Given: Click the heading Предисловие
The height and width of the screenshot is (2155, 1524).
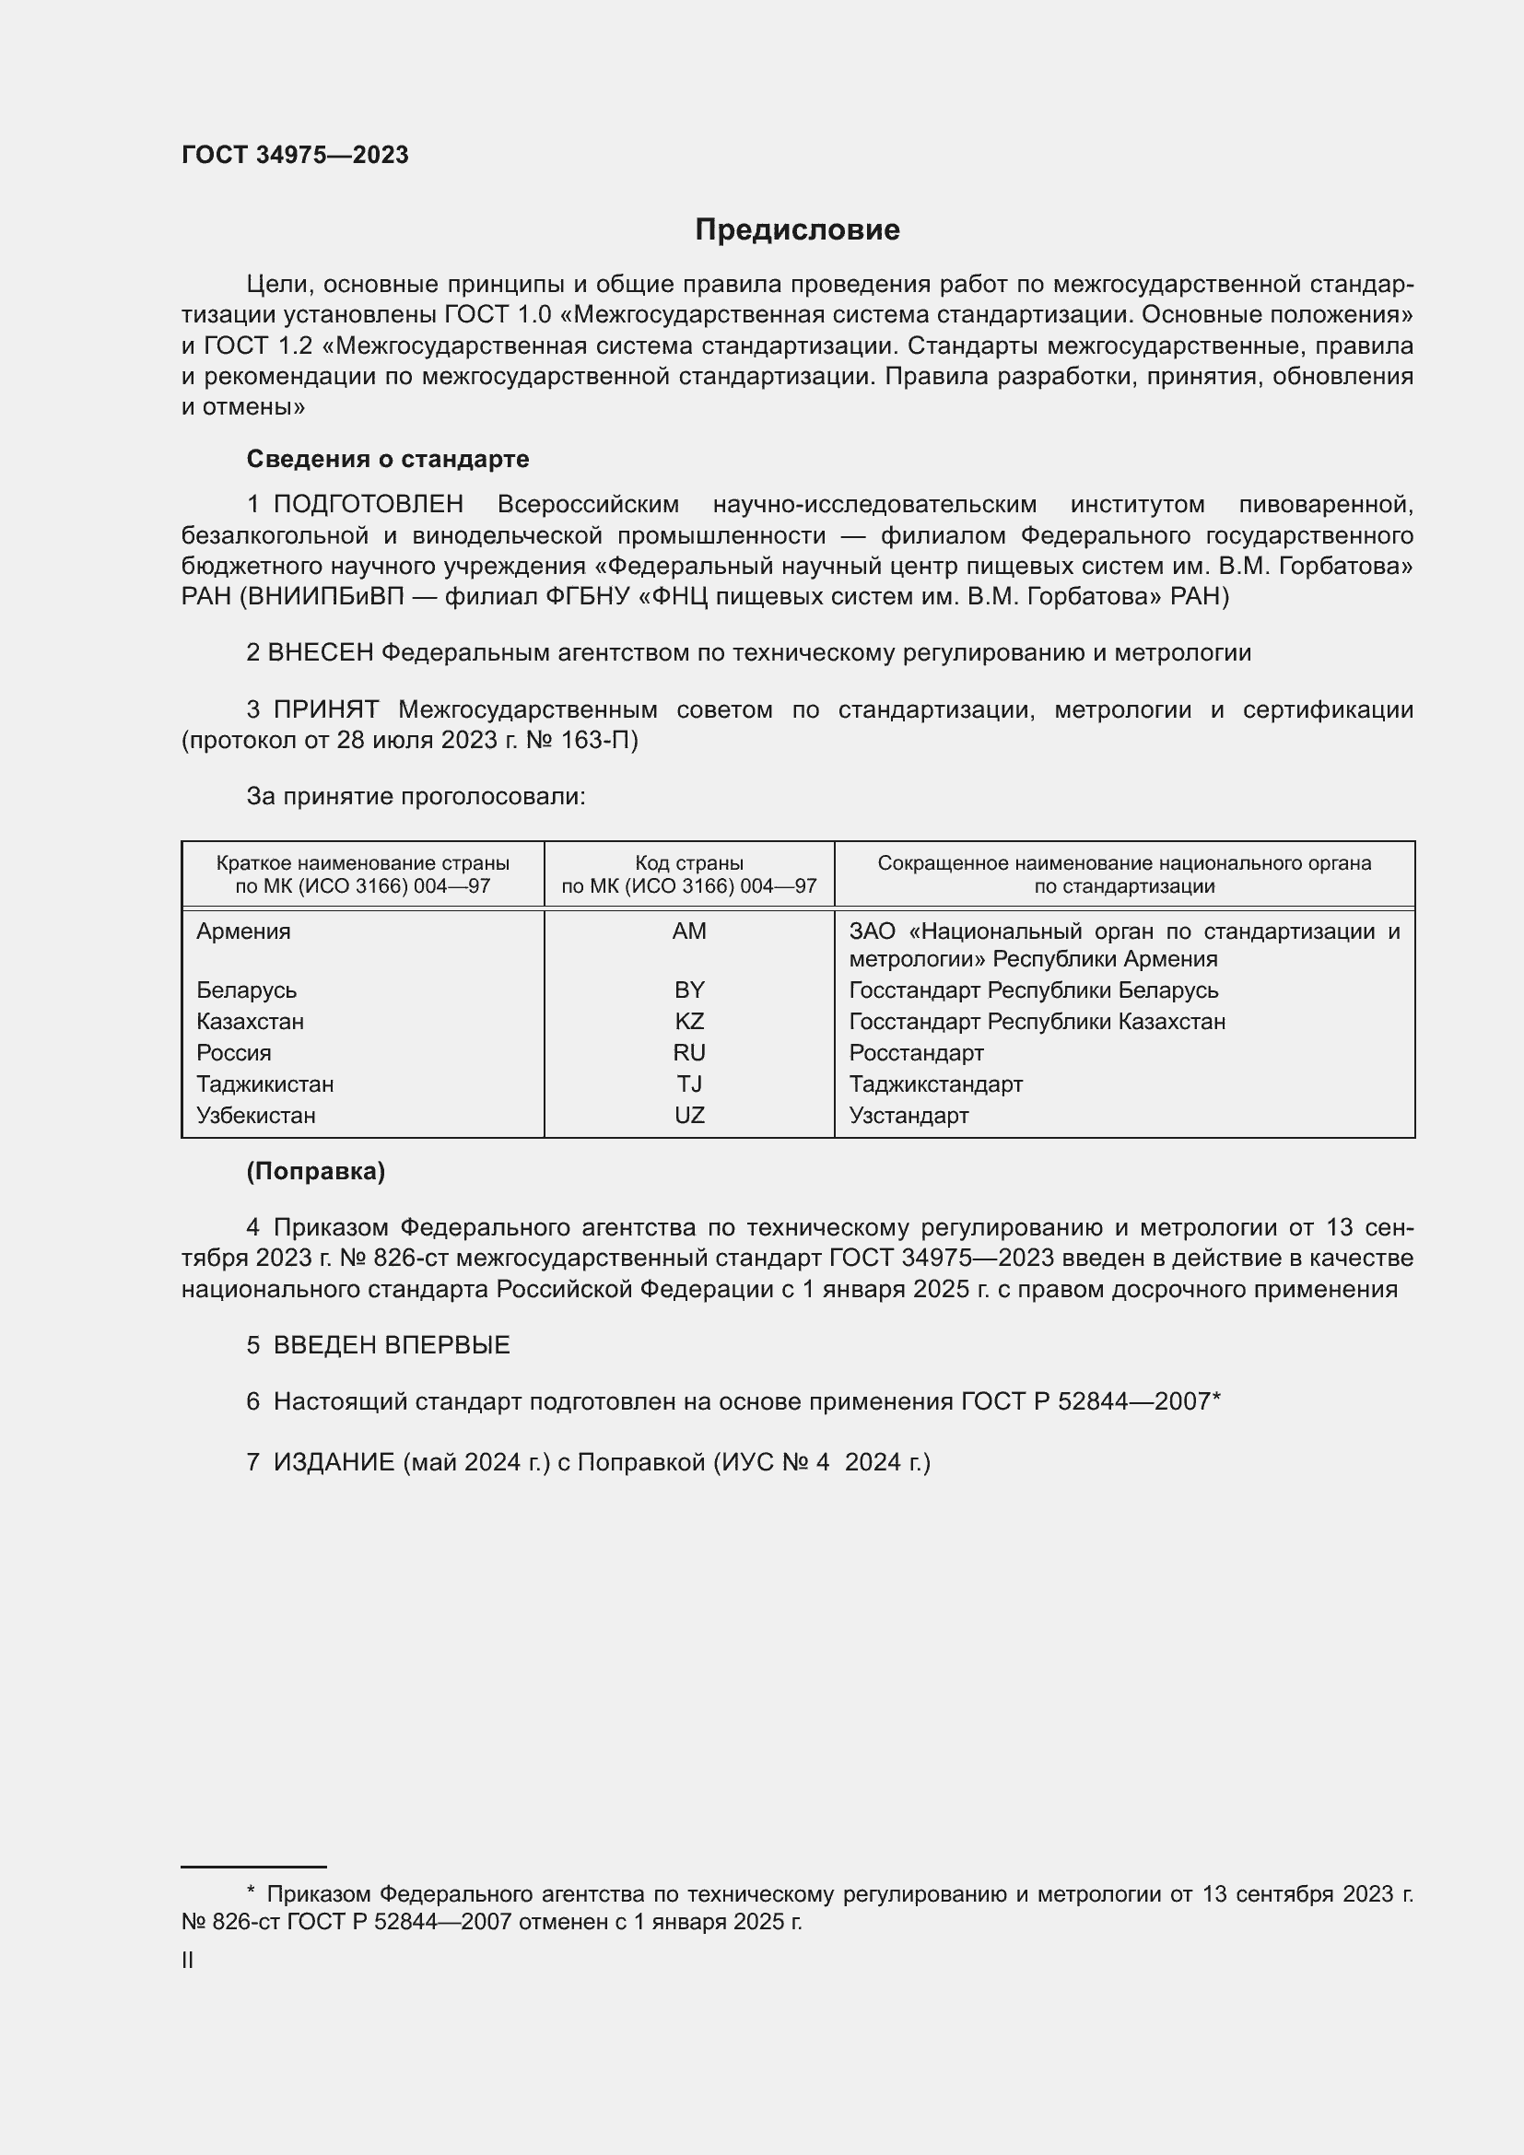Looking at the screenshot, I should tap(797, 230).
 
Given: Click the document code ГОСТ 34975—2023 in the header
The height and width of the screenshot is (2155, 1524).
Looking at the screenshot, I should tap(295, 156).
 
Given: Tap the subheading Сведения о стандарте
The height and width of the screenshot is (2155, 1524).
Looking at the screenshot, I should tap(388, 459).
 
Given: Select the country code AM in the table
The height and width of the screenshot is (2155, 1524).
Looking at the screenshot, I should tap(689, 931).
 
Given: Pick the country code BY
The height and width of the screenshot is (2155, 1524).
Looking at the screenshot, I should tap(689, 990).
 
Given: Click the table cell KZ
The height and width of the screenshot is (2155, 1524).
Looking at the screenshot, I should tap(689, 1021).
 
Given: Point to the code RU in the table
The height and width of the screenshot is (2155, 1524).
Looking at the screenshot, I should tap(689, 1052).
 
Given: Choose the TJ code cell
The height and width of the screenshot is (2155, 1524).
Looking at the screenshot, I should tap(689, 1084).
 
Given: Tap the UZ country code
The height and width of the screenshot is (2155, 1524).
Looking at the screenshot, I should tap(689, 1115).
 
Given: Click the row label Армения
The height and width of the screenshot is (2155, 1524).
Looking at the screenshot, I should tap(243, 931).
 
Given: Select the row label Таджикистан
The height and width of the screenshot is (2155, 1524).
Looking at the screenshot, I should tap(264, 1084).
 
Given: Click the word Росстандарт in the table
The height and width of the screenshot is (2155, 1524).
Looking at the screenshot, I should tap(916, 1052).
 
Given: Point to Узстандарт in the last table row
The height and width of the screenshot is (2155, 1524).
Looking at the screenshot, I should tap(909, 1115).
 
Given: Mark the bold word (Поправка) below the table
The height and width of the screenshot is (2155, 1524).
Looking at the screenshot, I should tap(315, 1171).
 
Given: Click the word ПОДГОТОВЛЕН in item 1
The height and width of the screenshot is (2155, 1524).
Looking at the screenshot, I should tap(368, 504).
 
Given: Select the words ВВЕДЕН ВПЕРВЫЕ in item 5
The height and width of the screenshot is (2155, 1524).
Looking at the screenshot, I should tap(392, 1345).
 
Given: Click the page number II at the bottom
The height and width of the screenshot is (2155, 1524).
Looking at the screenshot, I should tap(188, 1960).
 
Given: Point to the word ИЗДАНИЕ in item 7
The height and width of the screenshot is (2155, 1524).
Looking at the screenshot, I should tap(334, 1462).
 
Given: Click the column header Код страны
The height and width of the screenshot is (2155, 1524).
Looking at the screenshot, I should tap(689, 862).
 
